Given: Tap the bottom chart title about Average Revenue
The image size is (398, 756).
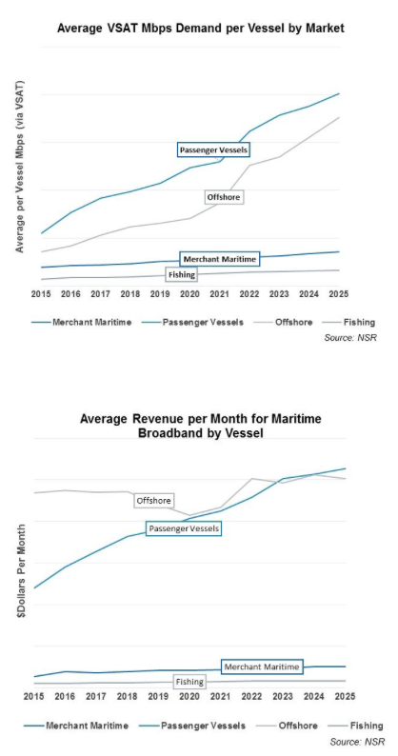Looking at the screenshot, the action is tap(201, 426).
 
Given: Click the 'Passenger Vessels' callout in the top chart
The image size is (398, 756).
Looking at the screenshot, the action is tap(213, 149).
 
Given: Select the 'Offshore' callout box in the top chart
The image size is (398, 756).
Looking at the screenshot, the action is tap(224, 197).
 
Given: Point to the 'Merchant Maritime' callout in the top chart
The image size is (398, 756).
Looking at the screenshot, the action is tap(220, 259).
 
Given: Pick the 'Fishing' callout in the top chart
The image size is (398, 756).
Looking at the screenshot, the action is tap(182, 275).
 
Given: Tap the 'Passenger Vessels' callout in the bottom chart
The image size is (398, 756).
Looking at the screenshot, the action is tap(184, 528).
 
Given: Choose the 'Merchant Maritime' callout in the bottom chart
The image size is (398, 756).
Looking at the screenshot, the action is tap(262, 666).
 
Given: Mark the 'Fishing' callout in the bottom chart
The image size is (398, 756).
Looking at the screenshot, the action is tap(189, 682).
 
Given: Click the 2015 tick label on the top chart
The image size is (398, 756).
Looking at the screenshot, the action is tap(41, 293).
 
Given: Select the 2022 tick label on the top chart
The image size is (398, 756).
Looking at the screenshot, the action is tap(249, 293).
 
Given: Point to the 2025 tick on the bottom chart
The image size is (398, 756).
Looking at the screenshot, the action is tap(345, 697).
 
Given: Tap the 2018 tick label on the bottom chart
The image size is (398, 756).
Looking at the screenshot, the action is tap(128, 697).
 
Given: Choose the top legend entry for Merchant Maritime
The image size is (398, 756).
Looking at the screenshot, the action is tap(81, 323).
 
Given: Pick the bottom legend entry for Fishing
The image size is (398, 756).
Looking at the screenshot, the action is tap(355, 726).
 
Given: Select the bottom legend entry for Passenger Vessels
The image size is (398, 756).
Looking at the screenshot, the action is tap(192, 726).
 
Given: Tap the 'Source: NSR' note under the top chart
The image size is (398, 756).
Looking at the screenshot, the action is tap(350, 338).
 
